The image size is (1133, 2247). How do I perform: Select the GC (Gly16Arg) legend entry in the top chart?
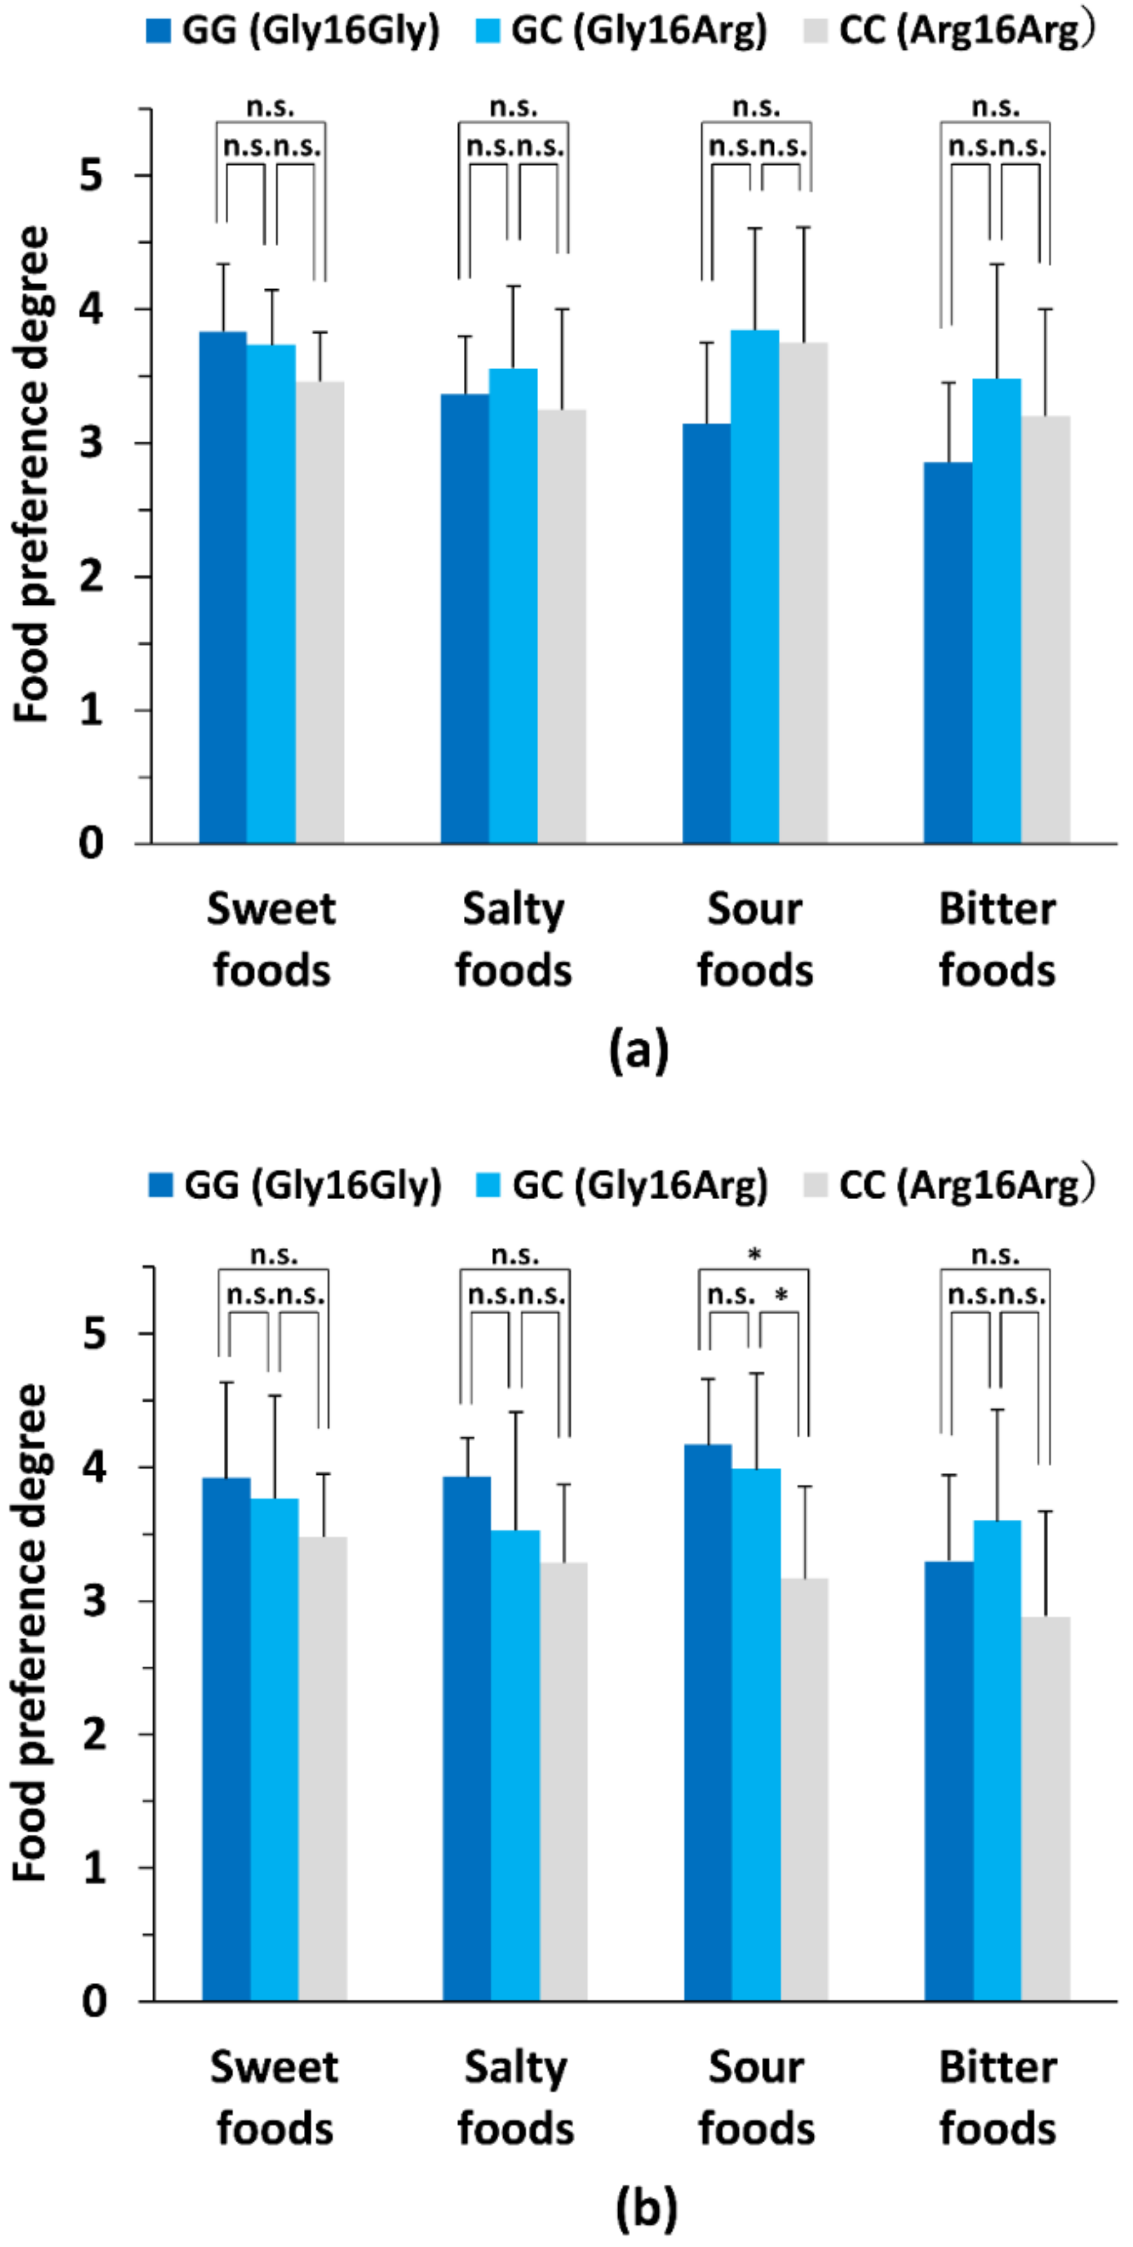pos(621,31)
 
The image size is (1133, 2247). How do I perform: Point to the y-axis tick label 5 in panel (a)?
pos(90,176)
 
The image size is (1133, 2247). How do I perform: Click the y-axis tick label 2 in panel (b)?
pos(93,1734)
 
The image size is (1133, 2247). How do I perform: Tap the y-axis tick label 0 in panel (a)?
pos(90,844)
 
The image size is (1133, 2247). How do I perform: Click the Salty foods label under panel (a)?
pos(514,940)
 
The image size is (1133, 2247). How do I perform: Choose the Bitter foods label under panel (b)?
pos(997,2099)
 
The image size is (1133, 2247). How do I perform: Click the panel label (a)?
pos(638,1049)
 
